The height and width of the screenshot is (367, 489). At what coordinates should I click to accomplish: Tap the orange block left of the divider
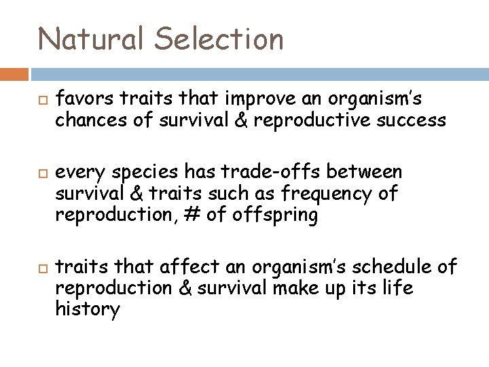14,73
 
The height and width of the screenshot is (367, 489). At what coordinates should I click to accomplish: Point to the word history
88,309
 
